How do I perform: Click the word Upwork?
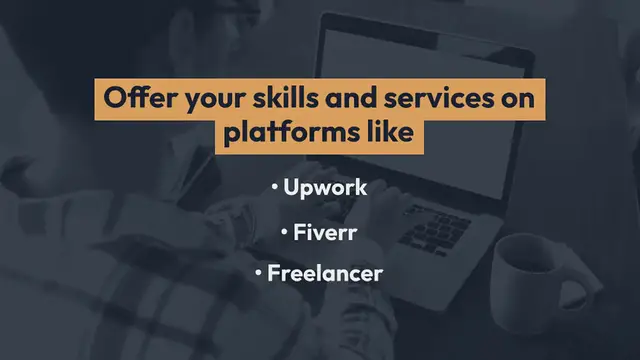(326, 188)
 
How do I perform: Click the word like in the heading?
(387, 134)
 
